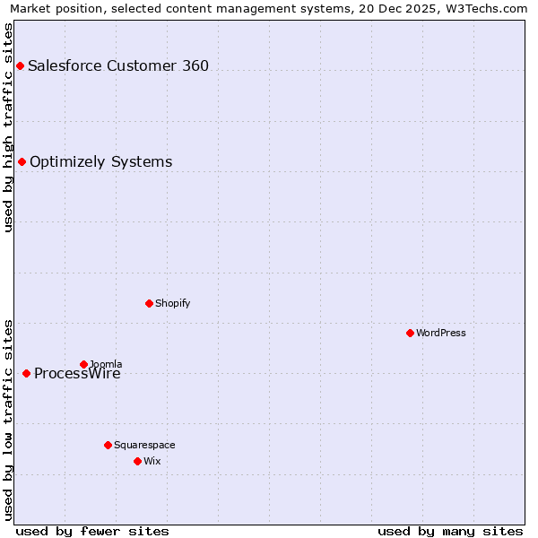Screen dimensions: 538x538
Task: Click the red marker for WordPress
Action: pos(410,333)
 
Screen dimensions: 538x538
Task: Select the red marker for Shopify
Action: pos(149,303)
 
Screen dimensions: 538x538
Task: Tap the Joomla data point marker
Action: pos(83,364)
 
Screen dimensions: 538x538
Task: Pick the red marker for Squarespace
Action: pos(108,445)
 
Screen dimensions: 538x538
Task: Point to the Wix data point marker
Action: pos(137,461)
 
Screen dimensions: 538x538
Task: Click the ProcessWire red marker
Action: pos(26,373)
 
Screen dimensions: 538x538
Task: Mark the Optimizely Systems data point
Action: pos(22,161)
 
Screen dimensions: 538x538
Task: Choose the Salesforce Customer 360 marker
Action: pos(20,65)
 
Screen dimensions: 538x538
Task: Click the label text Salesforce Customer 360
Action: pos(118,65)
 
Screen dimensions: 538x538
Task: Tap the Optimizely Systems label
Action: pos(100,161)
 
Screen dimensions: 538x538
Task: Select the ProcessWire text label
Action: pos(77,374)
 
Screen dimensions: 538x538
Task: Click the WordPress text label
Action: pos(441,333)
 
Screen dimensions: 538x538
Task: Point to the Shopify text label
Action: pos(173,303)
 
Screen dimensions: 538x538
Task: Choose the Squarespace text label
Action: pos(144,445)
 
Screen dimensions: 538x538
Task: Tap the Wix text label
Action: pos(152,461)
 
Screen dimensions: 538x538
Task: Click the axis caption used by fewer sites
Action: pos(92,531)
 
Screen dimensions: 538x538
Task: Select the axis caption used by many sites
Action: pos(450,531)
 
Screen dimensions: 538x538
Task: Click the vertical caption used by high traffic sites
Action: pos(9,127)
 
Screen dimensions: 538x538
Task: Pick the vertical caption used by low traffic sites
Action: pos(9,419)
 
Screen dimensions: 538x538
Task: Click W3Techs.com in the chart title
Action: pos(485,8)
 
